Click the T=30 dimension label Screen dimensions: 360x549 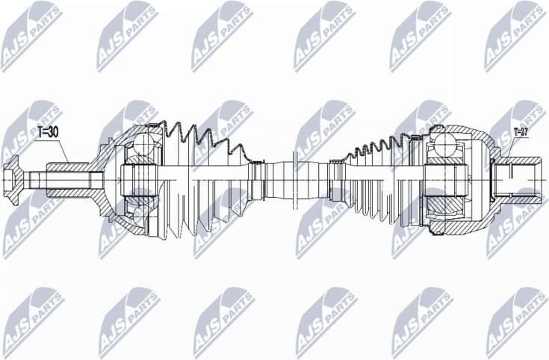tap(47, 133)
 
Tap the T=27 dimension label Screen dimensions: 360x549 tap(521, 133)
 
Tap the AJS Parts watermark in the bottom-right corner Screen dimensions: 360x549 tap(516, 321)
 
